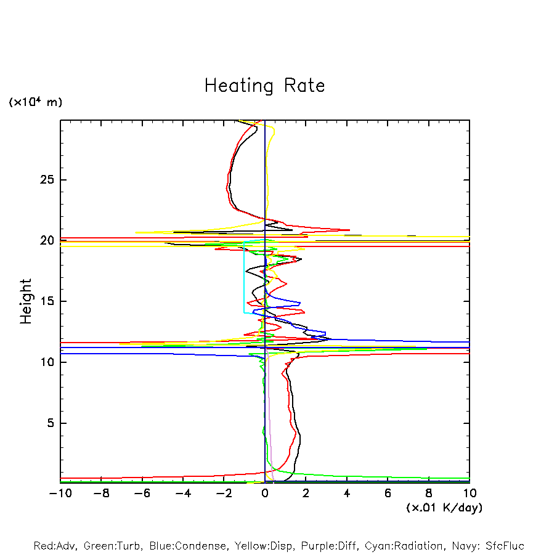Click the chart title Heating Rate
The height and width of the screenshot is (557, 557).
point(264,86)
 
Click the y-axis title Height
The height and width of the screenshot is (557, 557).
point(26,301)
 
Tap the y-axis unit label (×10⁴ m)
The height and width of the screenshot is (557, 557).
point(35,102)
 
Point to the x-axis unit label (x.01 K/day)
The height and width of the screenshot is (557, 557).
point(444,508)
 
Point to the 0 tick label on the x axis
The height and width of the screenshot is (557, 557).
point(265,494)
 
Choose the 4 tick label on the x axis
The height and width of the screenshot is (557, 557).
point(347,494)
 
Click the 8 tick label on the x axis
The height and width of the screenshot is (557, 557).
point(429,494)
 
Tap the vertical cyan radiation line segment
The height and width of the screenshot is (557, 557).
point(244,277)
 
